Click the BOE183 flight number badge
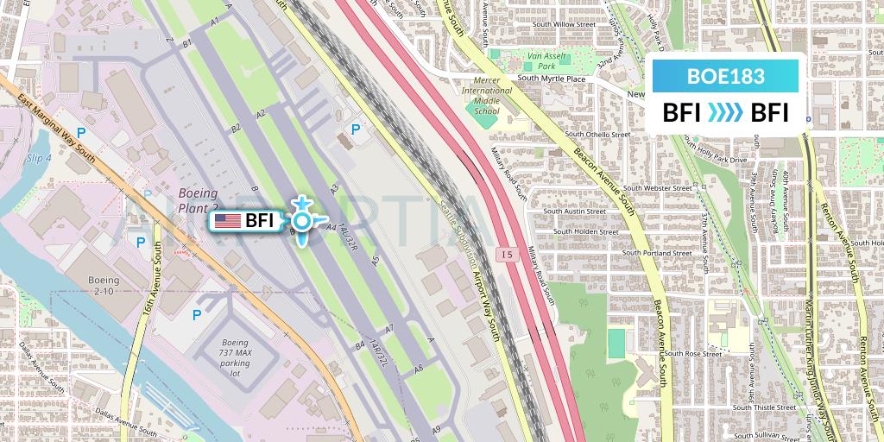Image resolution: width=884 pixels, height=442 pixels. pos(725,76)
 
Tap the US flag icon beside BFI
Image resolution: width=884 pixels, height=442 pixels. pos(227,221)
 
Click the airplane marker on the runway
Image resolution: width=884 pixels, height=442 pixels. pos(301,221)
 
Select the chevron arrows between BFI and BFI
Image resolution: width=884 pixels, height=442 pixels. pos(725,113)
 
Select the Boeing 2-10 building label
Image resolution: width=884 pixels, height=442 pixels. pos(104,286)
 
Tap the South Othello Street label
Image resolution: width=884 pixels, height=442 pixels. pos(598,135)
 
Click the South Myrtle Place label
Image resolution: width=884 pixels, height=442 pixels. pos(552,79)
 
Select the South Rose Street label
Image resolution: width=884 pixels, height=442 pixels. pos(691,354)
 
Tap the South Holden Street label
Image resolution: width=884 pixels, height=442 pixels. pos(586,231)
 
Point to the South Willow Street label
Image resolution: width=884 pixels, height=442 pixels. pos(565,25)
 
